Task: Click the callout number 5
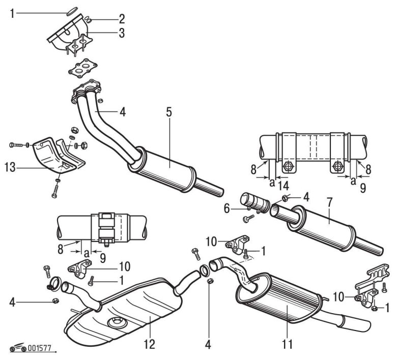168,113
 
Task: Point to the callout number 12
149,344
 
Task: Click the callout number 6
228,208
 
